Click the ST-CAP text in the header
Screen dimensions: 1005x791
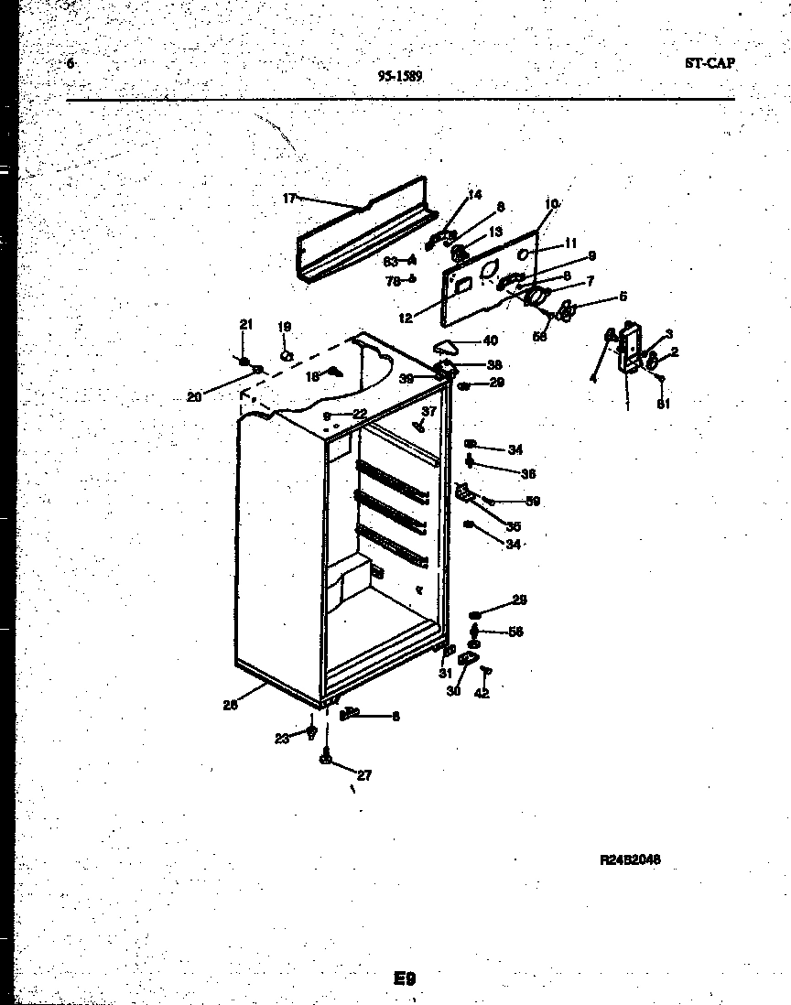[x=709, y=63]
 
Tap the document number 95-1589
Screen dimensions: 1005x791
[x=400, y=77]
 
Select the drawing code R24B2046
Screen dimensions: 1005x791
[x=630, y=859]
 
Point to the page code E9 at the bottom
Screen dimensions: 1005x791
[x=405, y=978]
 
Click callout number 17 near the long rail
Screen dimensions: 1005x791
[x=289, y=198]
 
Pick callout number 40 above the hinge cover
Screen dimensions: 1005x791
[x=490, y=340]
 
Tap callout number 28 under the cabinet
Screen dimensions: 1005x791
[x=229, y=705]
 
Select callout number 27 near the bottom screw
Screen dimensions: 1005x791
[x=363, y=775]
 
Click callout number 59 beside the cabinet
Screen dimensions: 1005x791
[x=532, y=501]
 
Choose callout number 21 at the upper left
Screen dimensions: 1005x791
[x=244, y=325]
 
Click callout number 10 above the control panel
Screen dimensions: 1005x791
[x=551, y=203]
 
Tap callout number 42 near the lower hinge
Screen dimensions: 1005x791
[x=482, y=693]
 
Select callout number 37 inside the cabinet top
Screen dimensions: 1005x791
[x=429, y=411]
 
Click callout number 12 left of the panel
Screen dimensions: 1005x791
[x=405, y=319]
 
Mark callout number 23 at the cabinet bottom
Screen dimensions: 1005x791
[x=282, y=737]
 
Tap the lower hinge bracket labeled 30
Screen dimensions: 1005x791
[x=469, y=659]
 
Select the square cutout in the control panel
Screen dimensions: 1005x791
[x=463, y=285]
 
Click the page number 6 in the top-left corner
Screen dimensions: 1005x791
[x=70, y=63]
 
